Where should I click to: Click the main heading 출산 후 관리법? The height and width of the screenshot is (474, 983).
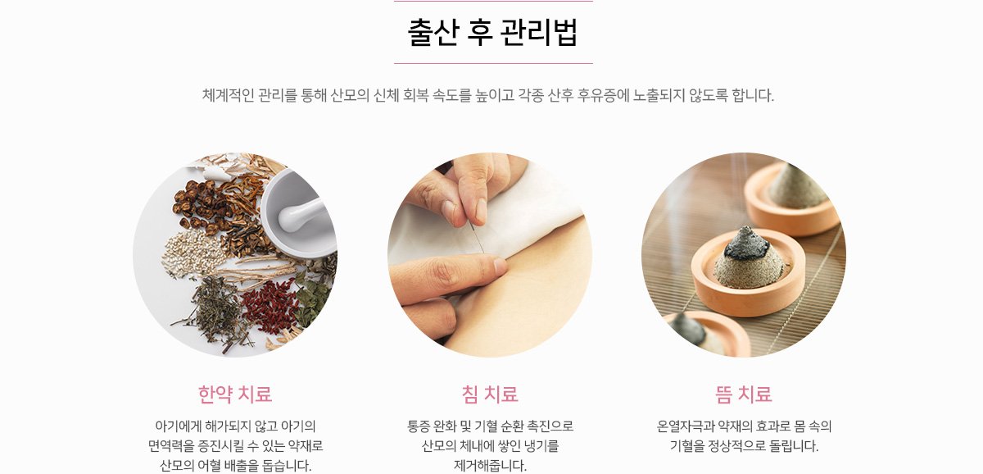pos(492,32)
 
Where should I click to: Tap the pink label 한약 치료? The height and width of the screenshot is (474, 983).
pos(235,394)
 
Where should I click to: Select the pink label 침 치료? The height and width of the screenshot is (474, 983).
pos(490,394)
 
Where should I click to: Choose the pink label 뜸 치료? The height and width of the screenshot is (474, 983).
pos(744,394)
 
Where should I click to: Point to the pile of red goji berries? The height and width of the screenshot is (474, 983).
pos(270,305)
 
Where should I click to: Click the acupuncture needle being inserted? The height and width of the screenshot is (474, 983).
pos(477,237)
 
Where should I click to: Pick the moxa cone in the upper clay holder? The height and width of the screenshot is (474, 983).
pos(797,186)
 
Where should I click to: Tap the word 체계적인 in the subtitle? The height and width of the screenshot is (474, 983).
pos(228,95)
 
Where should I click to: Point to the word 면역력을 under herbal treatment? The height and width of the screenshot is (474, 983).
pos(171,446)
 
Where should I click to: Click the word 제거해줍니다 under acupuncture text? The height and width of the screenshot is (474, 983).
pos(490,465)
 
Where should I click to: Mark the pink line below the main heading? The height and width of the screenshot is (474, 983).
pos(493,63)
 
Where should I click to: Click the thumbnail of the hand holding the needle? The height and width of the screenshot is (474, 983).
pos(490,255)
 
